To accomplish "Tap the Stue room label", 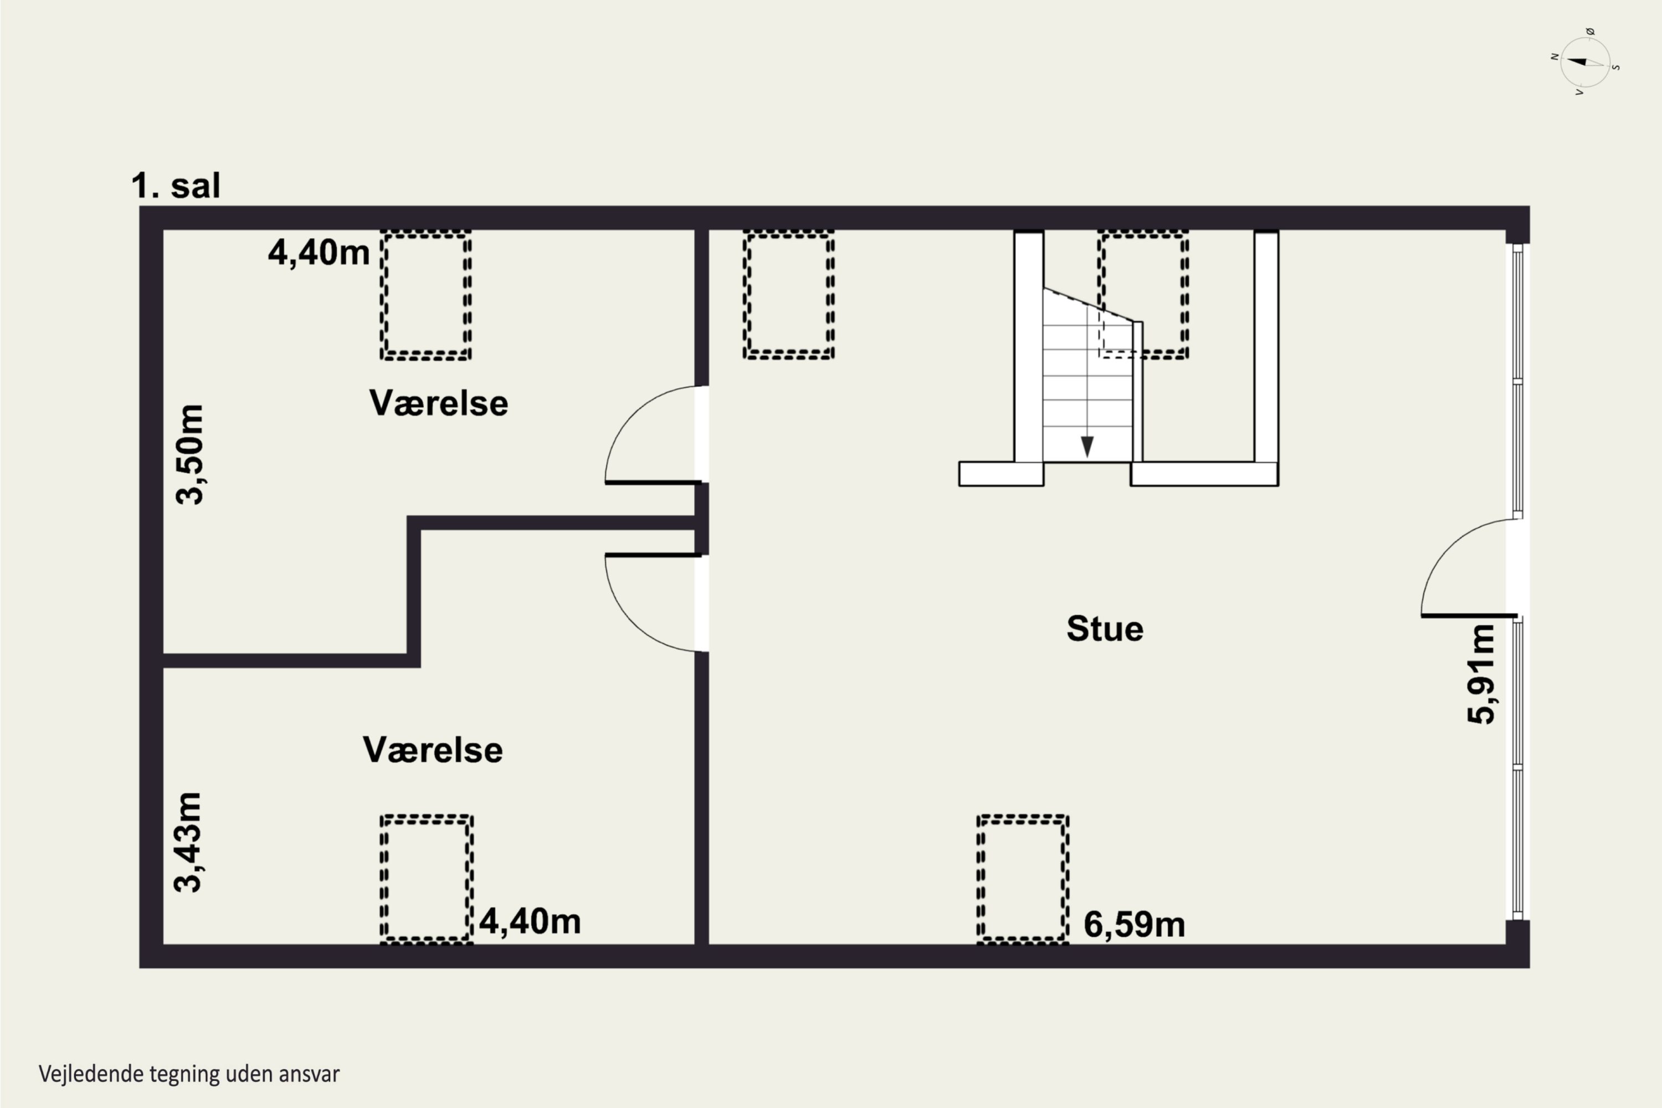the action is click(x=1105, y=629).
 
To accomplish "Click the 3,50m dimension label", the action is click(x=189, y=454).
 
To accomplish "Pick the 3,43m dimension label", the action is click(x=188, y=842).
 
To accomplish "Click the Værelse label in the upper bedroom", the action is click(x=438, y=403).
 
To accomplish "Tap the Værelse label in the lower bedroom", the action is click(x=433, y=750).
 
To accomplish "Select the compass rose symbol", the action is click(x=1585, y=62).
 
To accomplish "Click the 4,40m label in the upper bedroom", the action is click(x=319, y=252).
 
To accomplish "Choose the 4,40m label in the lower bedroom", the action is click(x=530, y=921).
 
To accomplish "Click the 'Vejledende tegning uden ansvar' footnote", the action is click(x=189, y=1074).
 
